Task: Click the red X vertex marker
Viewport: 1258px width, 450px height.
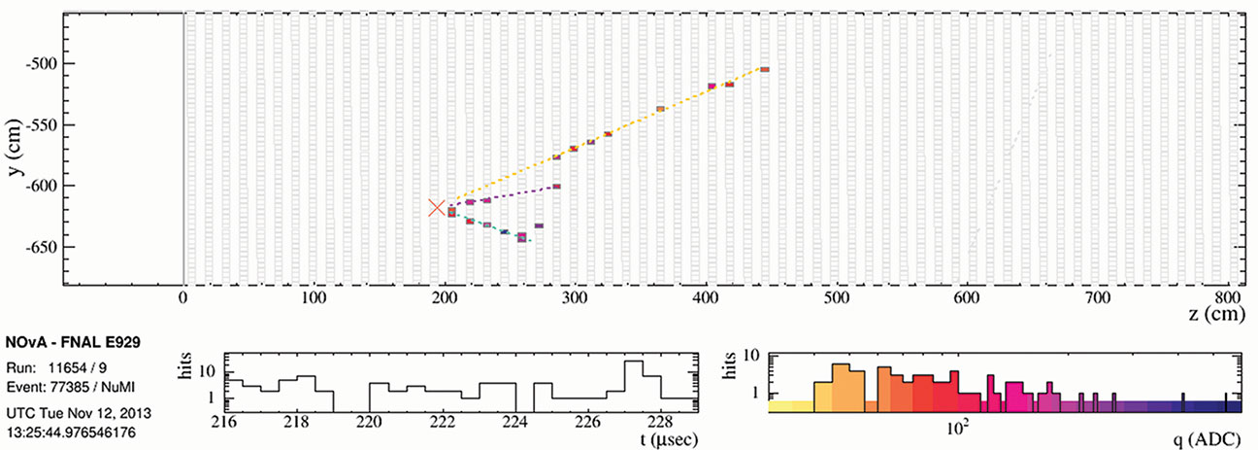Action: coord(437,208)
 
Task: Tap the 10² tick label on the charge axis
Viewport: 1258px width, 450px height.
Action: coord(958,426)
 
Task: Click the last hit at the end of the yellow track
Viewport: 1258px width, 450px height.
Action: coord(764,69)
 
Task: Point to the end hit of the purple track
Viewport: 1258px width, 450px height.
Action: coord(556,186)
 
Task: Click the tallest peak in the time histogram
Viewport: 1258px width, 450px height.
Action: coord(634,363)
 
